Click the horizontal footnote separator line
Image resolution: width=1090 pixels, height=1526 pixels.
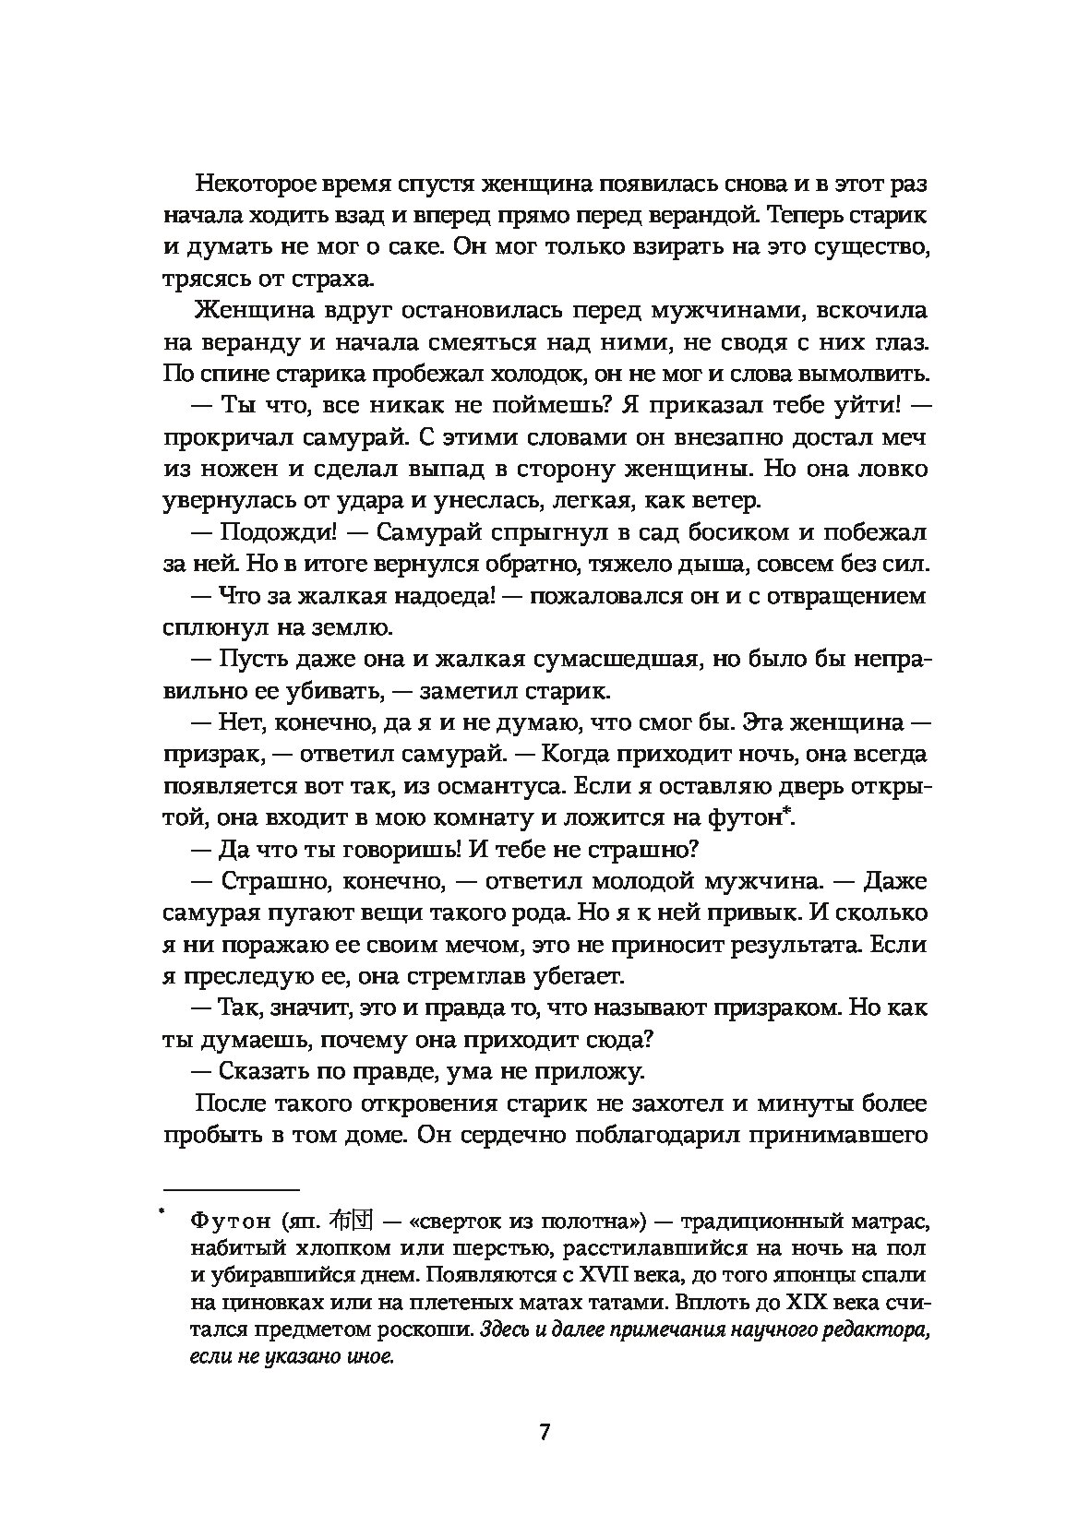232,1190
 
